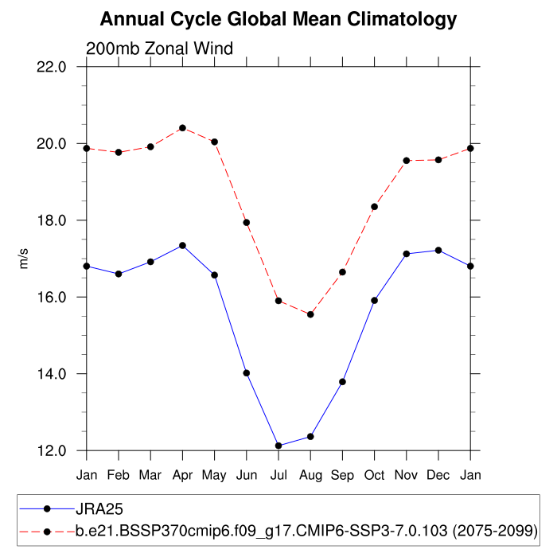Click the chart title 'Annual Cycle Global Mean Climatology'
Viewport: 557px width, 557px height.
278,19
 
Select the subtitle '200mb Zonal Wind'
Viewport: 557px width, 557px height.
159,49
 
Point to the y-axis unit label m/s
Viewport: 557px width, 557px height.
24,258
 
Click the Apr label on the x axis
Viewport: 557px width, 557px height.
182,475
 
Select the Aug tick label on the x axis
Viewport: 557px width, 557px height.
310,475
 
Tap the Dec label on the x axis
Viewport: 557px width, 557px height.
438,475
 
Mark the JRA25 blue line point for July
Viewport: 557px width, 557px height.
278,446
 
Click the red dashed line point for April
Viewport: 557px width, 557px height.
182,128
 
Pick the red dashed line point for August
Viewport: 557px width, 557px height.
310,314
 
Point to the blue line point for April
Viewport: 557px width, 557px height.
182,245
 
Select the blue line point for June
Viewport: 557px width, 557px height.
247,372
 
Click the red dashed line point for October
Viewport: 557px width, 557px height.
374,207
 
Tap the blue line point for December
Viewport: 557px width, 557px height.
438,251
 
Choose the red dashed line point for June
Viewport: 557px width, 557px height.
247,222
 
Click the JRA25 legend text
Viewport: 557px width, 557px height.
99,508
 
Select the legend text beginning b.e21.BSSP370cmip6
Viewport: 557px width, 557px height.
307,530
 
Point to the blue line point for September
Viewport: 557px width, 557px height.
342,382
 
